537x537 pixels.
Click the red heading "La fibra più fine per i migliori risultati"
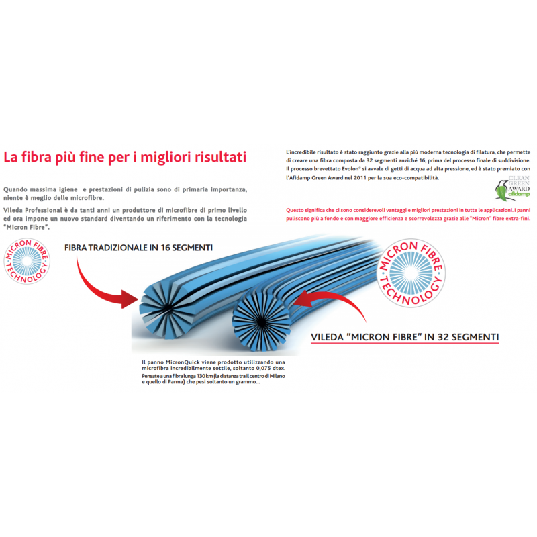click(125, 157)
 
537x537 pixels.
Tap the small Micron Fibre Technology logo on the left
click(27, 261)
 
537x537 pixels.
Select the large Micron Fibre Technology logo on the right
click(411, 273)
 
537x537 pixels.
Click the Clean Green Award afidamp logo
click(513, 188)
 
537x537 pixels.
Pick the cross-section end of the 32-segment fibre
click(261, 322)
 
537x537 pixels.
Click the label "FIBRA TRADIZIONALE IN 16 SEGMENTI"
click(138, 248)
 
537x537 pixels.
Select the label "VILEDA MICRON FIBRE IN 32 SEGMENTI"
click(405, 337)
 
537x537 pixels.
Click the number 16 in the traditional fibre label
click(165, 248)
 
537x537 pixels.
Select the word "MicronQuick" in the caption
click(180, 362)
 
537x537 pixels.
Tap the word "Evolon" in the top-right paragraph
click(350, 169)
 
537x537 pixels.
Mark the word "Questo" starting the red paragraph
click(295, 210)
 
